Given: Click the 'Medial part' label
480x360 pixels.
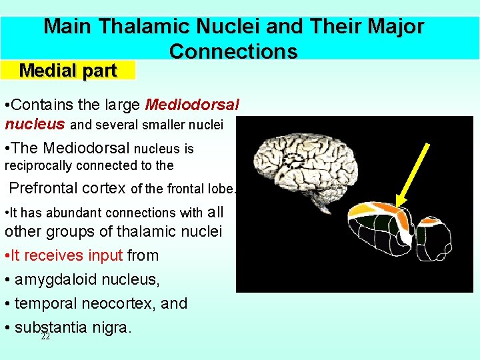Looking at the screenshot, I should point(68,71).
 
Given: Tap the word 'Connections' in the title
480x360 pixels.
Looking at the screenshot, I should point(233,51).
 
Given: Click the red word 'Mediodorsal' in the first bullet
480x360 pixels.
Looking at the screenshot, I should point(192,105).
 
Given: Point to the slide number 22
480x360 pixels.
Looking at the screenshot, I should point(45,337).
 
